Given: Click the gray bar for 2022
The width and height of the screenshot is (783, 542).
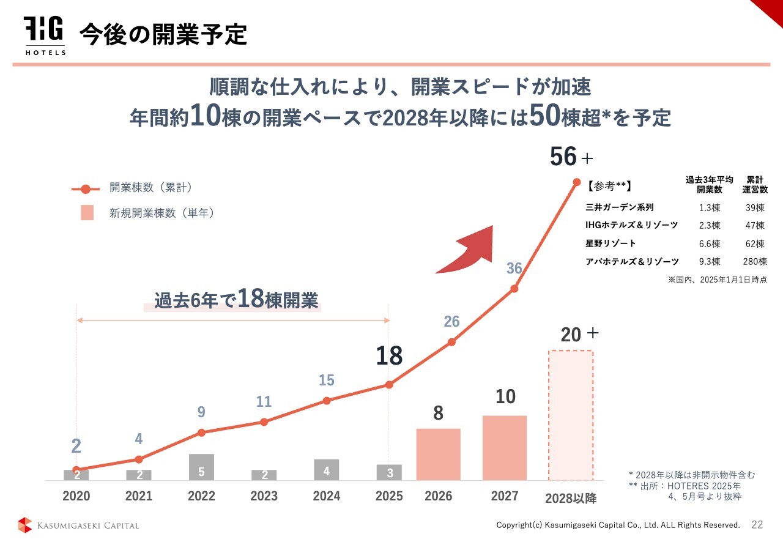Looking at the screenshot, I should pos(201,467).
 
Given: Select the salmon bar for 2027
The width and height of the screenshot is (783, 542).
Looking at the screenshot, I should pos(504,447).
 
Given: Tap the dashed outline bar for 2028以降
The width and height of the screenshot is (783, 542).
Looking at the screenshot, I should pos(570,415).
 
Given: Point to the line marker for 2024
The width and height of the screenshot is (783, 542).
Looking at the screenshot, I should pos(327,401).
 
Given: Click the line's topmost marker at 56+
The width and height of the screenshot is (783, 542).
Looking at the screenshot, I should pos(576,182).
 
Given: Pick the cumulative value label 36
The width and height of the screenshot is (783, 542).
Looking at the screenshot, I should pos(514,268).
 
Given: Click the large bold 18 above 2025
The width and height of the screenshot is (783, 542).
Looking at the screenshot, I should pos(389,355).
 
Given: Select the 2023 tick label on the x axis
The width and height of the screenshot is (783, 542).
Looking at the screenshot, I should pos(264,496).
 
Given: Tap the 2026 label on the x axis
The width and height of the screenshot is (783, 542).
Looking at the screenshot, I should pos(438,496).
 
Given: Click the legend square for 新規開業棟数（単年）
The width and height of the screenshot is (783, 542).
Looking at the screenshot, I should pos(87,213).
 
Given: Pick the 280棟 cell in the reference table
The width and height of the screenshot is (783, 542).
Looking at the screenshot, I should pos(755,262).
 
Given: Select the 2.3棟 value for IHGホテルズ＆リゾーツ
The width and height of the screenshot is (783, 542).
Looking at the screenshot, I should pos(710,226).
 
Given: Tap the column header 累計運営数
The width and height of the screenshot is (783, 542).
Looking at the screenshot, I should pos(755,185).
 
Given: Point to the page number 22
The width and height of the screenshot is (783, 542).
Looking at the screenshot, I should pos(757,525).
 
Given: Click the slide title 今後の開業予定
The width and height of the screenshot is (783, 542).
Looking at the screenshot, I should pos(163,35).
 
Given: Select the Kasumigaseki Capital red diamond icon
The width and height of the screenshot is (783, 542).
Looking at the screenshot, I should pos(24,525).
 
